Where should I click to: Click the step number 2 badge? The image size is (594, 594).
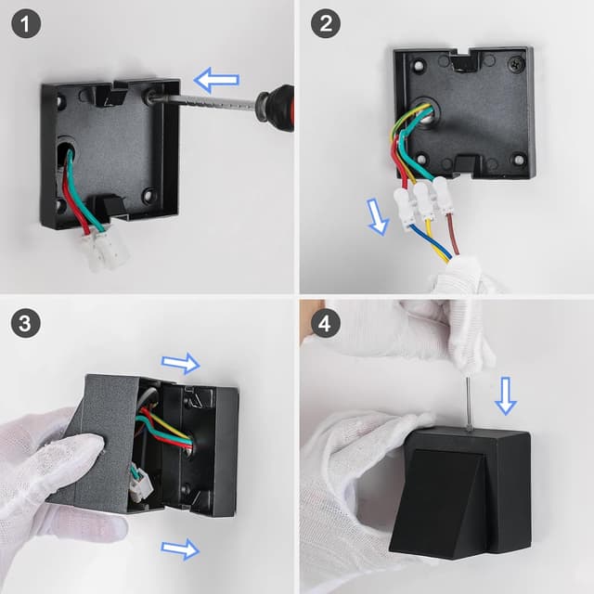[324, 25]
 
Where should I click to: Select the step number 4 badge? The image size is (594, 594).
[324, 324]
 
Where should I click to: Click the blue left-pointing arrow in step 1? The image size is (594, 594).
[217, 81]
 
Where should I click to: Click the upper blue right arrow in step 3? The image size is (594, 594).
[181, 363]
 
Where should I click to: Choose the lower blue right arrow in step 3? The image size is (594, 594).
[180, 549]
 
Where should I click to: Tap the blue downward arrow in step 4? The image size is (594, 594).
[506, 394]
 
